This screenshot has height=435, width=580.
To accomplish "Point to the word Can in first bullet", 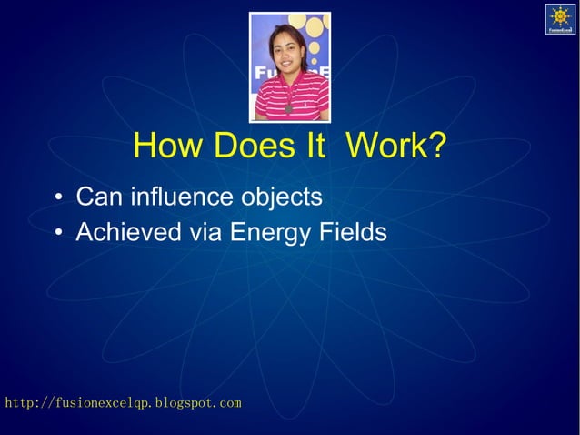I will [99, 197].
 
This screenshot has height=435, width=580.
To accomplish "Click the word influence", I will [182, 197].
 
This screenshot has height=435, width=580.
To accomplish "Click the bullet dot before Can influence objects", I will [57, 198].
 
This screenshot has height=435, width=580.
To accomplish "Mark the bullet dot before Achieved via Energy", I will [57, 235].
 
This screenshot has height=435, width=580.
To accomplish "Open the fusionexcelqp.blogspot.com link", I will [123, 402].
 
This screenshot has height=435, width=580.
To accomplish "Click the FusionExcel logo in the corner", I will [560, 19].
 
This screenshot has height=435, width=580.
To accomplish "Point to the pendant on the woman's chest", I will [289, 108].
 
